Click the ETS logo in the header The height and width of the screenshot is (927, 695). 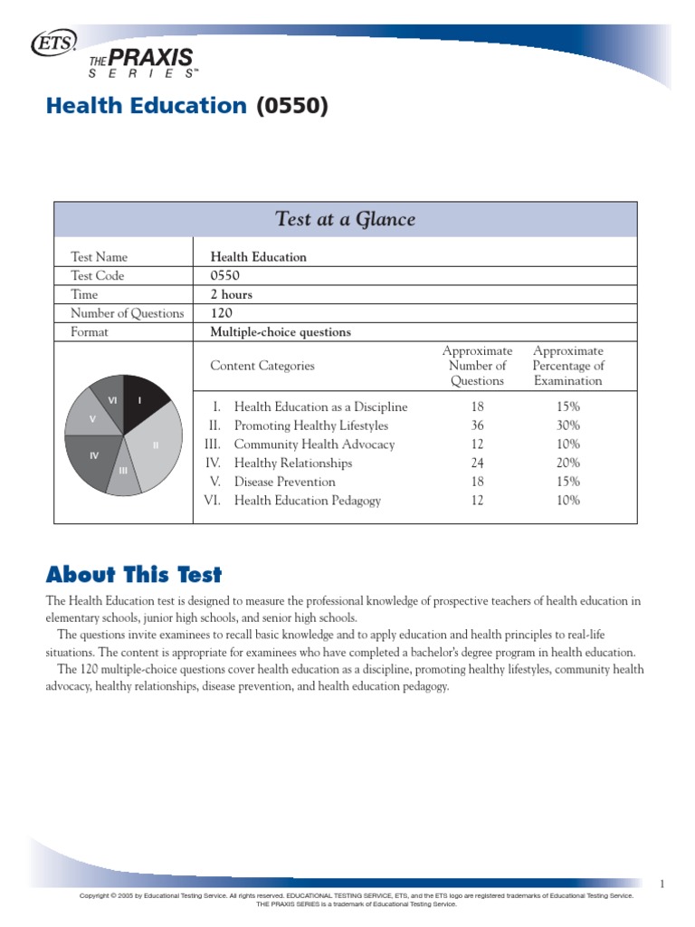[x=54, y=42]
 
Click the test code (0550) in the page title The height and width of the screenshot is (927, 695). [x=291, y=107]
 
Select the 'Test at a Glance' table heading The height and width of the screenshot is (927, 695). [x=345, y=219]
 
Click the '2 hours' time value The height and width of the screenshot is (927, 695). [x=232, y=294]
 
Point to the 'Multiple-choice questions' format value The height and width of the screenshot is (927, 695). [x=281, y=332]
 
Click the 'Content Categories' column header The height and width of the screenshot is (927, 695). [x=262, y=366]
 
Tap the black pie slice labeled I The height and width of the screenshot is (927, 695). [x=142, y=401]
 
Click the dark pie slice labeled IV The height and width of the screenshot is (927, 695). [x=91, y=456]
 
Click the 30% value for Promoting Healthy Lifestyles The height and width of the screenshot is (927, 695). [x=568, y=425]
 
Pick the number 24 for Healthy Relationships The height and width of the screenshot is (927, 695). [x=477, y=463]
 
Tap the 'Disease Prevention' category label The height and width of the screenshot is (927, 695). [x=284, y=482]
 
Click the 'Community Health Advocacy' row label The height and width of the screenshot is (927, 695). [x=314, y=444]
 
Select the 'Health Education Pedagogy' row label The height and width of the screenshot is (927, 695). [x=307, y=501]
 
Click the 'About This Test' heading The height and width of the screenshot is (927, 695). [x=134, y=575]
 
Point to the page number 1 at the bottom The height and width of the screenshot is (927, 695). [x=662, y=884]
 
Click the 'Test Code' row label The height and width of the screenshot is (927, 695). [x=98, y=275]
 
